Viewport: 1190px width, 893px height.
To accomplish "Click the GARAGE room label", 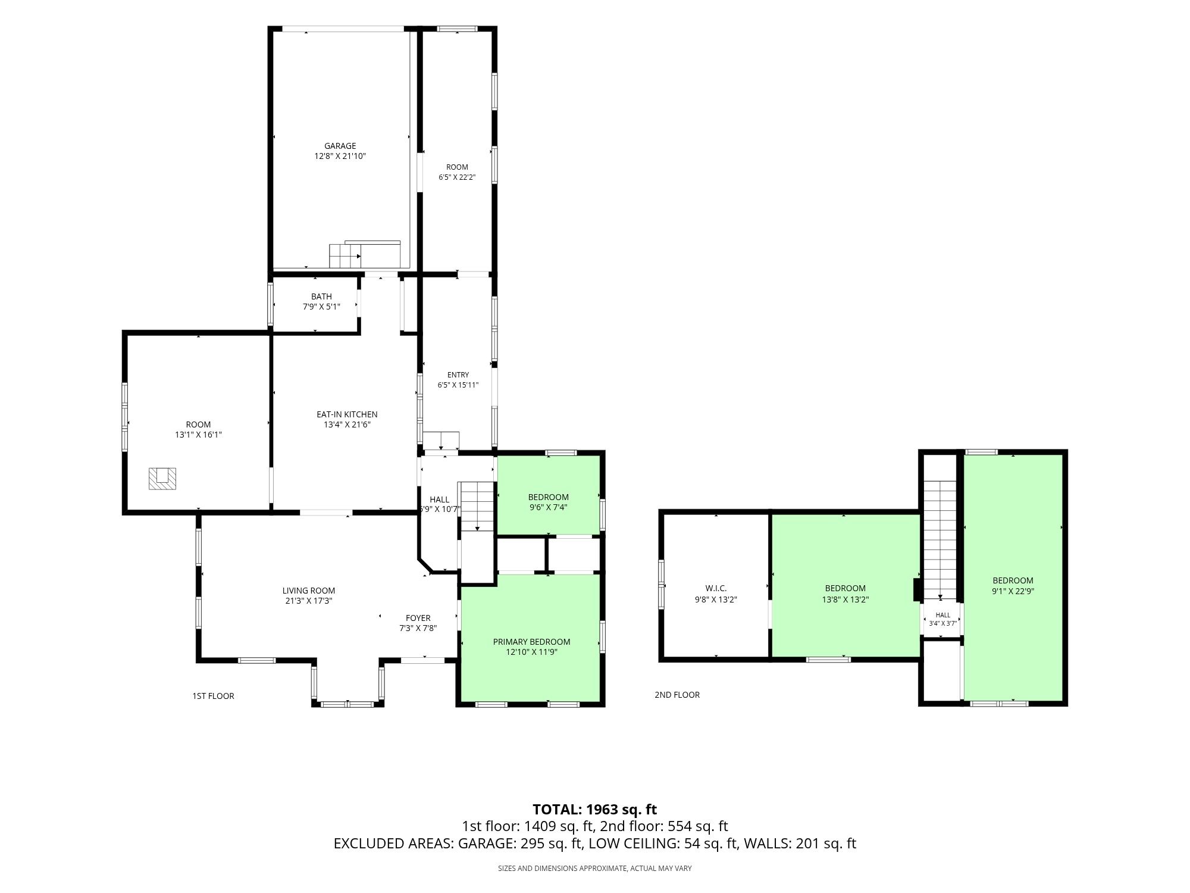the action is pyautogui.click(x=340, y=146).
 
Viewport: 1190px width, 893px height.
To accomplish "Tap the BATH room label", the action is pyautogui.click(x=321, y=296).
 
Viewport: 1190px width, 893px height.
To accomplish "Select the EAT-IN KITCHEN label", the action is pyautogui.click(x=347, y=414).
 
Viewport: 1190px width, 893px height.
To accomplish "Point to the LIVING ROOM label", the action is pyautogui.click(x=309, y=591).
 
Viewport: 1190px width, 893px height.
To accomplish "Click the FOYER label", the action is pyautogui.click(x=418, y=618).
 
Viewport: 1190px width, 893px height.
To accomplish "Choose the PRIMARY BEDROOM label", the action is pyautogui.click(x=531, y=642).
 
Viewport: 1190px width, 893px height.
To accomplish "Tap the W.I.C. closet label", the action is pyautogui.click(x=716, y=588).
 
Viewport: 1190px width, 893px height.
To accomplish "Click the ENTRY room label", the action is pyautogui.click(x=458, y=374).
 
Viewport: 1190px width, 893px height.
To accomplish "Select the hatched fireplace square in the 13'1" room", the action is pyautogui.click(x=162, y=479).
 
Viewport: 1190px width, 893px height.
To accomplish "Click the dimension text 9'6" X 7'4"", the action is pyautogui.click(x=548, y=508).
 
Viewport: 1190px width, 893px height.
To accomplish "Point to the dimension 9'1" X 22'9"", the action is pyautogui.click(x=1013, y=591).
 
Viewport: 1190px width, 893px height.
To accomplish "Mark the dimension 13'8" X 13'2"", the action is pyautogui.click(x=845, y=600).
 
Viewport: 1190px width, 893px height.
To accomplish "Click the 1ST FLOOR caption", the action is pyautogui.click(x=213, y=696).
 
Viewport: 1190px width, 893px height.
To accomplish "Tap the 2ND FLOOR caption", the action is pyautogui.click(x=677, y=695).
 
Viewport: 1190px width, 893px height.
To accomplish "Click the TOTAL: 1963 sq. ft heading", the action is pyautogui.click(x=594, y=810).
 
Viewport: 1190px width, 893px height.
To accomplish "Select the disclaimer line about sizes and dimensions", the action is pyautogui.click(x=594, y=869).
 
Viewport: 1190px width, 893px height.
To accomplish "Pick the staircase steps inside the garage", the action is pyautogui.click(x=346, y=256).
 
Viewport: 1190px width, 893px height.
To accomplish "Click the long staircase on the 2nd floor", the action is pyautogui.click(x=940, y=539).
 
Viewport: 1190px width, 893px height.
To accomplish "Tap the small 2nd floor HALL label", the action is pyautogui.click(x=943, y=615).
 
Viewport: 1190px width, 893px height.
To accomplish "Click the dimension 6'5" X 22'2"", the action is pyautogui.click(x=457, y=177).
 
